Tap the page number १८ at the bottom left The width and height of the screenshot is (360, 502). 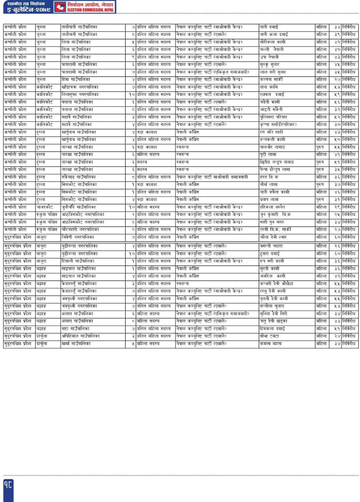point(8,485)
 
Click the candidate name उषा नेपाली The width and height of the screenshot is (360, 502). point(269,57)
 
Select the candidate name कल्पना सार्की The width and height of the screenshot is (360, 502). point(271,80)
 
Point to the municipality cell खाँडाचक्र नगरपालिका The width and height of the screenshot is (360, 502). point(80,87)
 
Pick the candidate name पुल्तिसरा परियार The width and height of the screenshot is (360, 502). point(273,117)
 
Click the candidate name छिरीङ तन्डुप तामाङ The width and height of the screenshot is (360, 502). point(276,162)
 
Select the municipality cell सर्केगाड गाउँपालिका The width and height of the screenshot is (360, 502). point(79,177)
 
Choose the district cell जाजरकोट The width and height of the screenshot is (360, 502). point(44,207)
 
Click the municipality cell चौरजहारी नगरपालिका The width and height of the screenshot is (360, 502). point(80,229)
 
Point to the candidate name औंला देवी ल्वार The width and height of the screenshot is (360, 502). point(273,237)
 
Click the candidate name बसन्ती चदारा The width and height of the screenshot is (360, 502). point(271,246)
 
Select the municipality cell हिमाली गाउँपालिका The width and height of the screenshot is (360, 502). point(78,261)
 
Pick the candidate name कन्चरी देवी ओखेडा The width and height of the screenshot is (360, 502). point(276,284)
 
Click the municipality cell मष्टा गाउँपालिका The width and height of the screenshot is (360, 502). point(75,328)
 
